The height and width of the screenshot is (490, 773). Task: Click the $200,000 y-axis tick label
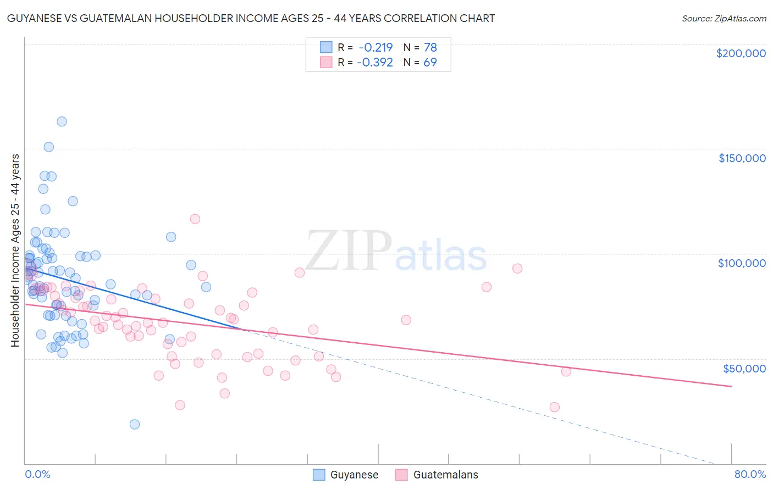[x=741, y=53]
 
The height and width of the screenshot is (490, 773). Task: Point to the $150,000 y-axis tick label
[x=742, y=158]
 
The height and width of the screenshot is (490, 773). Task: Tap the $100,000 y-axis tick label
[x=742, y=263]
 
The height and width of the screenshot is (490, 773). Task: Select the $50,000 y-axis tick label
[x=744, y=368]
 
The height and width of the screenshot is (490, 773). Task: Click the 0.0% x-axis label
[x=37, y=474]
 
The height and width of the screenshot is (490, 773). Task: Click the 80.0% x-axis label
[x=750, y=474]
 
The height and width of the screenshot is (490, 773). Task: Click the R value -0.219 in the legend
[x=375, y=47]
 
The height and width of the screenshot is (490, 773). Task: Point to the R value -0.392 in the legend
[x=375, y=62]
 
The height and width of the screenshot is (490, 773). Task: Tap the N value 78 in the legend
[x=430, y=47]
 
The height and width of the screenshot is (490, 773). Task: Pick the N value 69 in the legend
[x=430, y=62]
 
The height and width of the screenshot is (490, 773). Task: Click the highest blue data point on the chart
[x=62, y=121]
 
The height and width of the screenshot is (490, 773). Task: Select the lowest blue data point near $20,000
[x=134, y=424]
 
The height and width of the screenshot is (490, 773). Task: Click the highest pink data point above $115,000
[x=195, y=219]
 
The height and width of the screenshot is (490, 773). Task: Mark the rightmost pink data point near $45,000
[x=566, y=371]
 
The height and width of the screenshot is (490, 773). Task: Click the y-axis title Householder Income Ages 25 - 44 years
[x=15, y=250]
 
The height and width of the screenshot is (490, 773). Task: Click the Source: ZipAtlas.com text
[x=724, y=19]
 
